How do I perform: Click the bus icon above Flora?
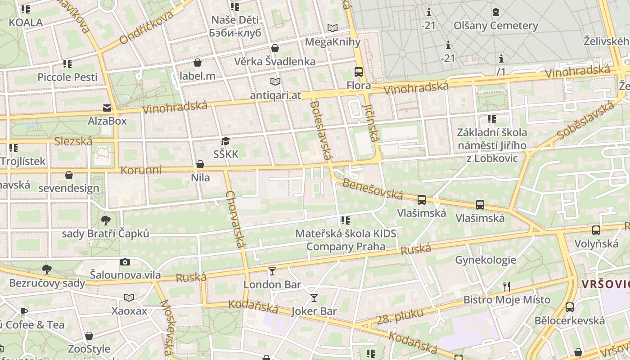click(359, 72)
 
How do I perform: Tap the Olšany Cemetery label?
click(495, 26)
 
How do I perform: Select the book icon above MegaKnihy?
click(333, 28)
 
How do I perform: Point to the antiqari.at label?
click(275, 95)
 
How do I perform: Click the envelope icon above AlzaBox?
click(107, 108)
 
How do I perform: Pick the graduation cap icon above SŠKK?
click(225, 141)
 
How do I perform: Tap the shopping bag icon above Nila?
click(200, 165)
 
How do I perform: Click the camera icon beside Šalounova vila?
click(125, 262)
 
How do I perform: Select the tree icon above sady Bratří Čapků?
click(106, 220)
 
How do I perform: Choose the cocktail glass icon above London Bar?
click(272, 271)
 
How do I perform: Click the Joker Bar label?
click(314, 311)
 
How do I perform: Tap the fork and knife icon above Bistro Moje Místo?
click(507, 286)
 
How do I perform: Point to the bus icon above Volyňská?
click(596, 230)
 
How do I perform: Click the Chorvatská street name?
click(236, 219)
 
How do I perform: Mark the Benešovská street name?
click(372, 189)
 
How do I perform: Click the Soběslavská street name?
click(585, 120)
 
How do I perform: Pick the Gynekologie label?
click(486, 260)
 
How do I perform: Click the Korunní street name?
click(141, 171)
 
